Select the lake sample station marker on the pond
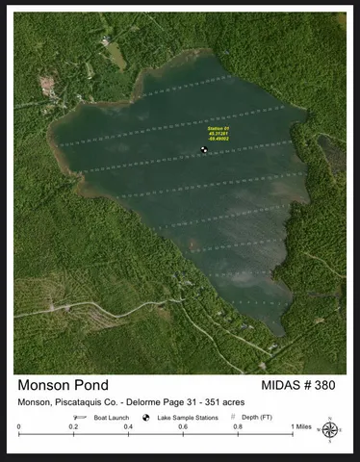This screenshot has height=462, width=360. coord(204,149)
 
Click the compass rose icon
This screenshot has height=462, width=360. coord(330,429)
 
